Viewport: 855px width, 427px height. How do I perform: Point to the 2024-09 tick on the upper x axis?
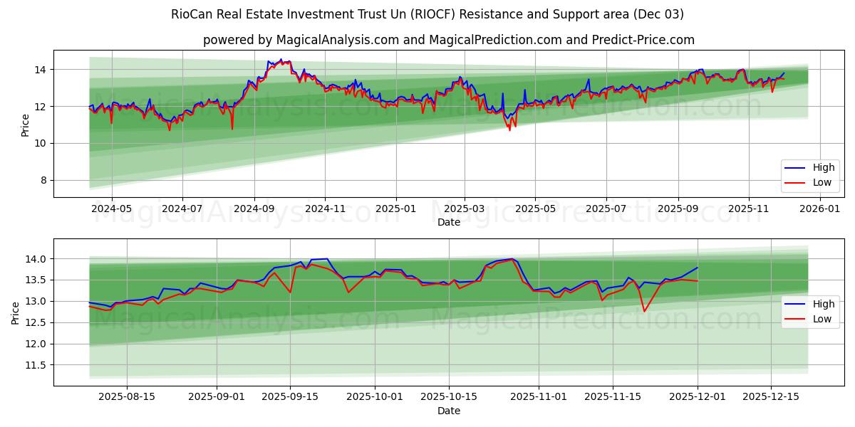[x=254, y=209]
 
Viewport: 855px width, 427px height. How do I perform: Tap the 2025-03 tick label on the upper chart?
[x=465, y=209]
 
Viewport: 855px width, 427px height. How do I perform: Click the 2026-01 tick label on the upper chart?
[x=820, y=209]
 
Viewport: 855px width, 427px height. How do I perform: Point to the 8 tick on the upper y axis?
[x=43, y=181]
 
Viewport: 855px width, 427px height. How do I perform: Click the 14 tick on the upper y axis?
[x=41, y=70]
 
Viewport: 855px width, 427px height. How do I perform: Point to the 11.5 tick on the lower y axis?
[x=36, y=365]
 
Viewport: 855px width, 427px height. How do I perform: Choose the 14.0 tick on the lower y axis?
[x=36, y=259]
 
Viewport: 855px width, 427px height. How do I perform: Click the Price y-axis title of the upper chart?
[x=26, y=125]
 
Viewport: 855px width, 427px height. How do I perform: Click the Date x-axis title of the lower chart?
[x=449, y=411]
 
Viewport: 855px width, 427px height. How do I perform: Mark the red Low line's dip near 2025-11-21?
[x=644, y=311]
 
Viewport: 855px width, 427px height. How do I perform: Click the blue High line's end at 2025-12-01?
[x=697, y=268]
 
